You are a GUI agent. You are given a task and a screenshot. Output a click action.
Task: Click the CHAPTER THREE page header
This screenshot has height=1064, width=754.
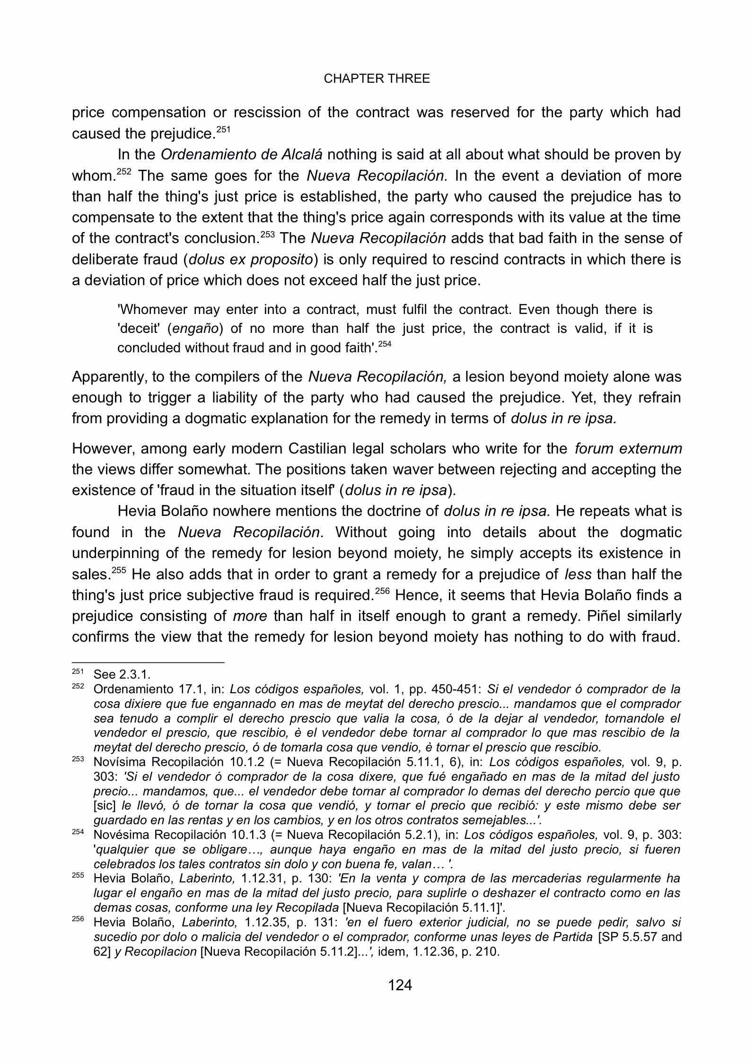pos(377,79)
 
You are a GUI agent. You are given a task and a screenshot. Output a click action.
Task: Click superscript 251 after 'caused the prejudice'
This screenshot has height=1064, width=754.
pos(223,129)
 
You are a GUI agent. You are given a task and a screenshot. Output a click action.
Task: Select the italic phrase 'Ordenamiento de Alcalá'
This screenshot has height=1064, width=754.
pos(242,155)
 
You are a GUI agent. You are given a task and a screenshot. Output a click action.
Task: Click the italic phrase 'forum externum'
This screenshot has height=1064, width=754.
pos(628,448)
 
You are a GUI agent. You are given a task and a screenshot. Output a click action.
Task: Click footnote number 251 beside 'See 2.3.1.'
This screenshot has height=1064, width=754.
pos(77,672)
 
